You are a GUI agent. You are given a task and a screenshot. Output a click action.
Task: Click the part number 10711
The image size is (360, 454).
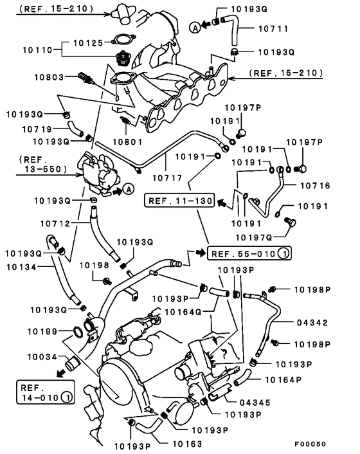coord(273,29)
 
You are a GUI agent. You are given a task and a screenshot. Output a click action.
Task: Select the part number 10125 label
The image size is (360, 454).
coord(88,43)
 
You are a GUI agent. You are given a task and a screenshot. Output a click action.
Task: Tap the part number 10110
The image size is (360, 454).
coord(38,50)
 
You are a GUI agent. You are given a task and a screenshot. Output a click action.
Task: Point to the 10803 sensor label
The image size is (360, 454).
coord(49,77)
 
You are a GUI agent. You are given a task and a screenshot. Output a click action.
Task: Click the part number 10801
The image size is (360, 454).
coord(128,141)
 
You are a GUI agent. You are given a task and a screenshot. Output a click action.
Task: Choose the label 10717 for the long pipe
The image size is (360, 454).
coord(167,177)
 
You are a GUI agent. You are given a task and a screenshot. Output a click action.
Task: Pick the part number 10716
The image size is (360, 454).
coord(315,185)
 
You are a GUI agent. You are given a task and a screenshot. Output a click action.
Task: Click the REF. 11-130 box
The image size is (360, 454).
coord(180,201)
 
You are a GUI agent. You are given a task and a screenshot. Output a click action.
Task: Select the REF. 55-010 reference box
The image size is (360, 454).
coord(249,253)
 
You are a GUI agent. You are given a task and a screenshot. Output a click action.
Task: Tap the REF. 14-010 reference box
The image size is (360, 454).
coord(46,392)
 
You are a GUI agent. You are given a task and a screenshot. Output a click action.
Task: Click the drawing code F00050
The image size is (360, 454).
coord(310,444)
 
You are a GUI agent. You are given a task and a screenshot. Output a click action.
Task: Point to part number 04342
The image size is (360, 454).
coord(312,322)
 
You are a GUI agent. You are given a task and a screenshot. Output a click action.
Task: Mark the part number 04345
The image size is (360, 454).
coord(255,403)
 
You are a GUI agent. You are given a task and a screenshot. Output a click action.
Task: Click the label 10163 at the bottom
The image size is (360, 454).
coord(187,444)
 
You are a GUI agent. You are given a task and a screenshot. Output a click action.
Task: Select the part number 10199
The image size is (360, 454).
coord(42,331)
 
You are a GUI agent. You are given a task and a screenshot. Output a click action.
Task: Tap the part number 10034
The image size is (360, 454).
coord(42,357)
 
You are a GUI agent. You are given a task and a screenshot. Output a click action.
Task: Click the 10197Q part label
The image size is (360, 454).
coord(254,237)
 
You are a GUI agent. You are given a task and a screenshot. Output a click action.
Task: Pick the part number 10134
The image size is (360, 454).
coord(21,267)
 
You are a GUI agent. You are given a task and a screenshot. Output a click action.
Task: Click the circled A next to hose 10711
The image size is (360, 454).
coord(195,28)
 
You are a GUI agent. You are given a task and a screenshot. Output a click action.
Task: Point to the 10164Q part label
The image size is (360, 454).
coord(183,312)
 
